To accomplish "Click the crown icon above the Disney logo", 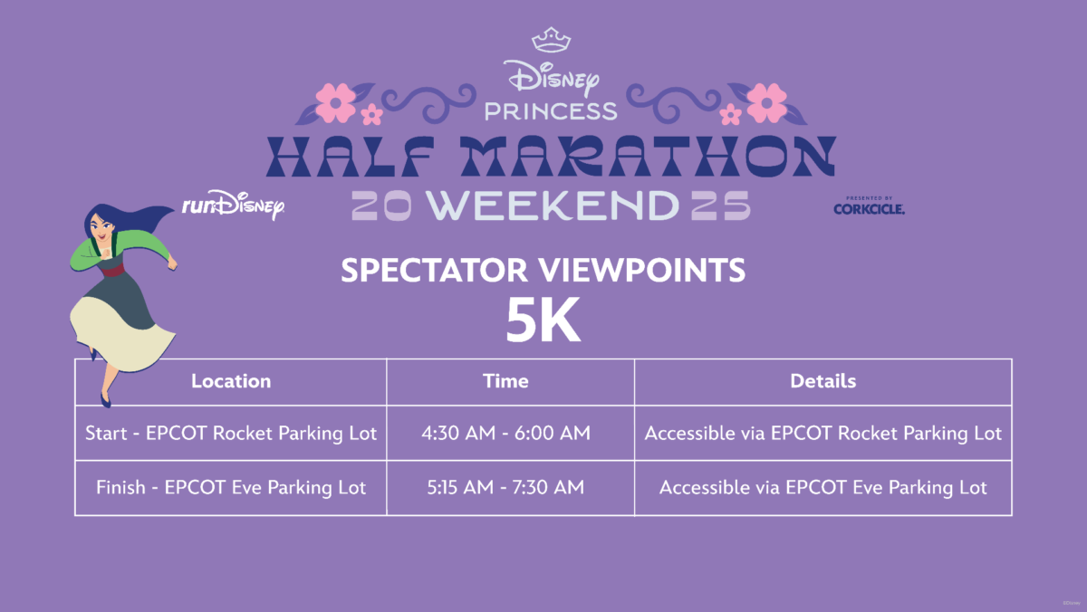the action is [x=551, y=40].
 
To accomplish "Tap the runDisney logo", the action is [x=234, y=205].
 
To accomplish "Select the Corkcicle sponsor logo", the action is [x=869, y=206].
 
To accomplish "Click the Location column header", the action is [x=231, y=381].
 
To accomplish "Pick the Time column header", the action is [x=505, y=381].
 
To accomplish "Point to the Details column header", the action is [x=823, y=381].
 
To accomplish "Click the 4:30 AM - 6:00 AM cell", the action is [x=505, y=433].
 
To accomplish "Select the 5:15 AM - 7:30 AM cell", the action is [x=505, y=487].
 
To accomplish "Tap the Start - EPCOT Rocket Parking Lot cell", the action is [x=231, y=434].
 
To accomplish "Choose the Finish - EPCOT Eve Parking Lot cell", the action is [x=231, y=488].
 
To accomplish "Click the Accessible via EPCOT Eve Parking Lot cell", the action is [x=823, y=488].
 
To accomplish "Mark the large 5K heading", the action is [x=543, y=320].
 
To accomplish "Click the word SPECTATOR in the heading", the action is [x=434, y=270].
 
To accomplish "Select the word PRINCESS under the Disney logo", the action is [x=551, y=111].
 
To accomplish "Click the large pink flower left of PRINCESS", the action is [x=335, y=103].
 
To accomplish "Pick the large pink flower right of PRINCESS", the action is [x=766, y=103].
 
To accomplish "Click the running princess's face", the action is [x=101, y=228].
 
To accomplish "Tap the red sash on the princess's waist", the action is [x=112, y=269].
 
